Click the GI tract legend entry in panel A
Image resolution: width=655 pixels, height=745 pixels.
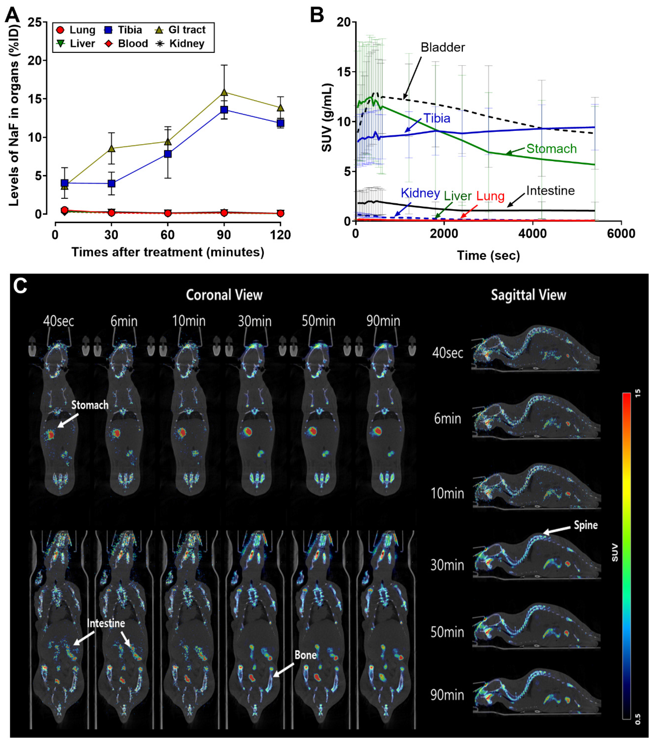click(x=180, y=30)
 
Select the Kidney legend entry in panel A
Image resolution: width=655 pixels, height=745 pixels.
click(x=180, y=44)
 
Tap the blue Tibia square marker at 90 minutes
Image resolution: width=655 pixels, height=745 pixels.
click(x=224, y=110)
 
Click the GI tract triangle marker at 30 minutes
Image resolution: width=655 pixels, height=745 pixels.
click(x=111, y=148)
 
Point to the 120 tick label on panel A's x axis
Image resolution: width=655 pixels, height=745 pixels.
click(x=280, y=235)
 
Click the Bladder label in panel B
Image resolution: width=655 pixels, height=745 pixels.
click(x=443, y=47)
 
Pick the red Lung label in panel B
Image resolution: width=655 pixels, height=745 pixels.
click(x=490, y=196)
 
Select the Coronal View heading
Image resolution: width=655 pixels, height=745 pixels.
click(x=224, y=295)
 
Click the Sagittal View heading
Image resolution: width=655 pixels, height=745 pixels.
click(x=529, y=295)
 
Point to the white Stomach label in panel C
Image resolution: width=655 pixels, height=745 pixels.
click(x=90, y=405)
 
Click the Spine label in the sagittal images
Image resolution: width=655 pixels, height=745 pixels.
click(x=586, y=525)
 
